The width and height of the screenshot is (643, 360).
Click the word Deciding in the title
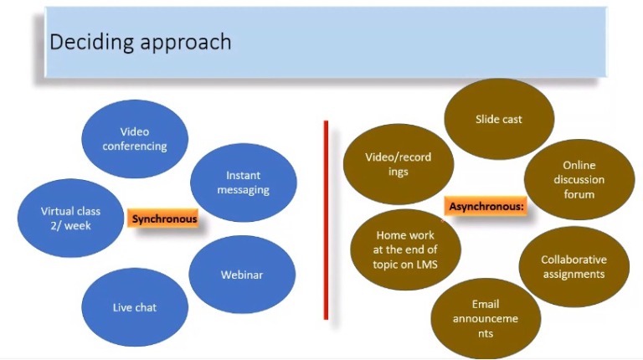(x=85, y=42)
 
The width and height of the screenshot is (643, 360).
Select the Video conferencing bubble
(x=135, y=139)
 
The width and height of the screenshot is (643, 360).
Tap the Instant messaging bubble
(x=243, y=183)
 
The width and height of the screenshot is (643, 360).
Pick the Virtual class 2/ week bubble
(x=70, y=219)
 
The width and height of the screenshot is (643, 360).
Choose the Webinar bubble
(x=242, y=275)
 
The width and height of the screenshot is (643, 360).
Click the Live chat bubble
(x=135, y=307)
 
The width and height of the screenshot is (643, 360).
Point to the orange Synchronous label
(x=164, y=219)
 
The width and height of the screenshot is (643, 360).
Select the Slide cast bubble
(x=498, y=119)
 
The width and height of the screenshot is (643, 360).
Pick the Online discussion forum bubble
(x=579, y=180)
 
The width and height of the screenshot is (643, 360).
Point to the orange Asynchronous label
(x=486, y=205)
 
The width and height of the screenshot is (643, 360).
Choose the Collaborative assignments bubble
(x=574, y=267)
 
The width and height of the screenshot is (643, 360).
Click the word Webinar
(x=242, y=275)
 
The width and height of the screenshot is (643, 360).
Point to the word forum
(x=579, y=194)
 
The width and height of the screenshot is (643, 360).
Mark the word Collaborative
(x=574, y=260)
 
